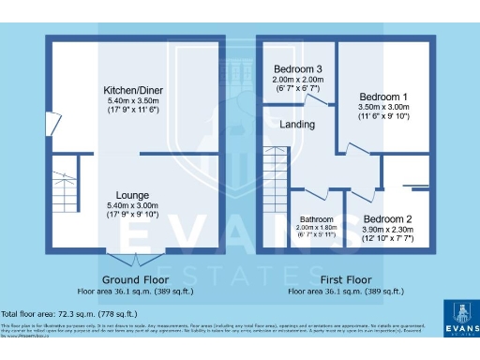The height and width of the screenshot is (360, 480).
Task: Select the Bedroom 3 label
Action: tap(298, 69)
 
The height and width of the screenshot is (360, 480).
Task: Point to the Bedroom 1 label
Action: tap(384, 97)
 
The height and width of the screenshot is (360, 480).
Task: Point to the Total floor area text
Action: tap(69, 313)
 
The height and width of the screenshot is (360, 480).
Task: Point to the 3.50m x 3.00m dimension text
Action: tap(384, 107)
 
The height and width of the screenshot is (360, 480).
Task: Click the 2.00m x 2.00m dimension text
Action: tap(298, 80)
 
